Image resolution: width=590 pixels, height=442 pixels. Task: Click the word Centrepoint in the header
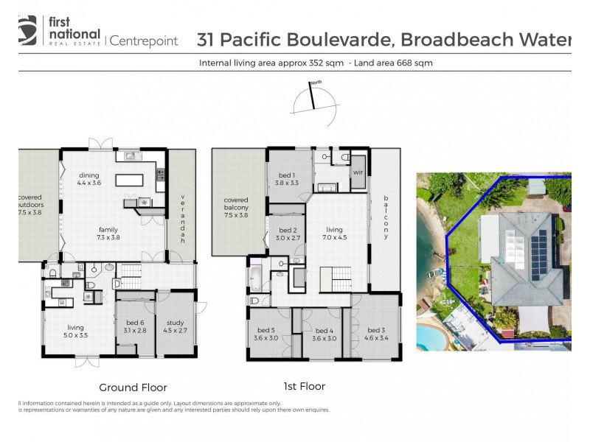click(144, 41)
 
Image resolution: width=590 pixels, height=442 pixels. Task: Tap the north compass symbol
click(313, 97)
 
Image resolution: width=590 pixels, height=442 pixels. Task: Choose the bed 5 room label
click(267, 334)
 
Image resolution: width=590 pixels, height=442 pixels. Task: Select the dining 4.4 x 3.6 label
click(88, 180)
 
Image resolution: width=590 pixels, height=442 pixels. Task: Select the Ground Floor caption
click(133, 387)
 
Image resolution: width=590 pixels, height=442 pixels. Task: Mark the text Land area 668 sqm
click(393, 63)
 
